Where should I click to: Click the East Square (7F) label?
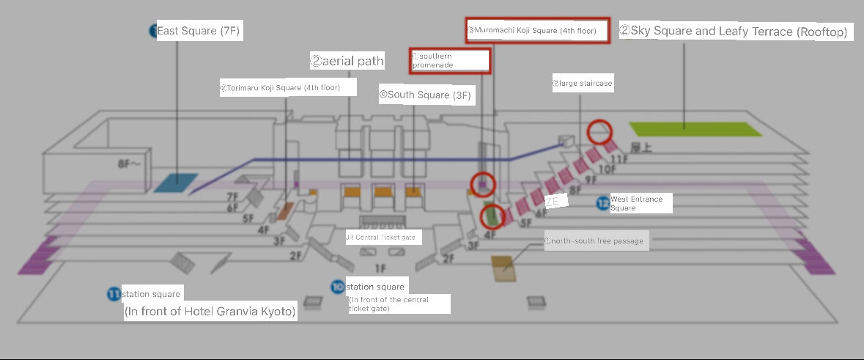click(198, 31)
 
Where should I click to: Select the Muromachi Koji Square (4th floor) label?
click(537, 32)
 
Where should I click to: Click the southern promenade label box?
click(450, 60)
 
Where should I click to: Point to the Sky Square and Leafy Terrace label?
click(736, 32)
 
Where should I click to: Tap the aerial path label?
click(347, 61)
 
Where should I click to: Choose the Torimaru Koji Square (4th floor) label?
click(289, 87)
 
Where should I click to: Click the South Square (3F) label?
click(425, 95)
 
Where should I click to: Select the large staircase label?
click(582, 84)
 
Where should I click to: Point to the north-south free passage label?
click(596, 240)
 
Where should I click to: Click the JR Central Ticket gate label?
click(380, 237)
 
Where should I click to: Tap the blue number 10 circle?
click(338, 286)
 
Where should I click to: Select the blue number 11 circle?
click(114, 295)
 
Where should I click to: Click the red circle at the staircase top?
click(600, 132)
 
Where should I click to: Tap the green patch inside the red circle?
click(492, 216)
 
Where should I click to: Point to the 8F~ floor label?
click(128, 165)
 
